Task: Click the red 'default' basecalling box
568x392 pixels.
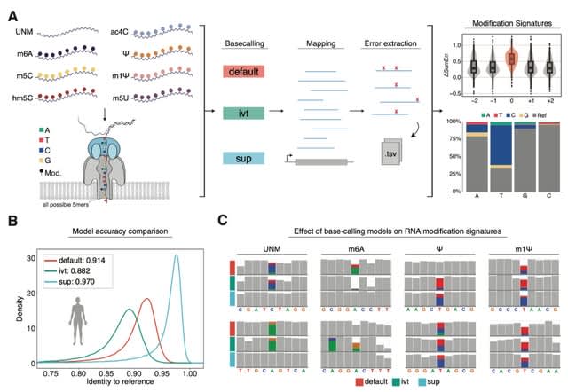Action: (244, 70)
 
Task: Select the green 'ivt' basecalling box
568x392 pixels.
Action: (244, 114)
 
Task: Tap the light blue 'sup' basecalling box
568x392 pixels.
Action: (244, 157)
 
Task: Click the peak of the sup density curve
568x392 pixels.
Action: (177, 256)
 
